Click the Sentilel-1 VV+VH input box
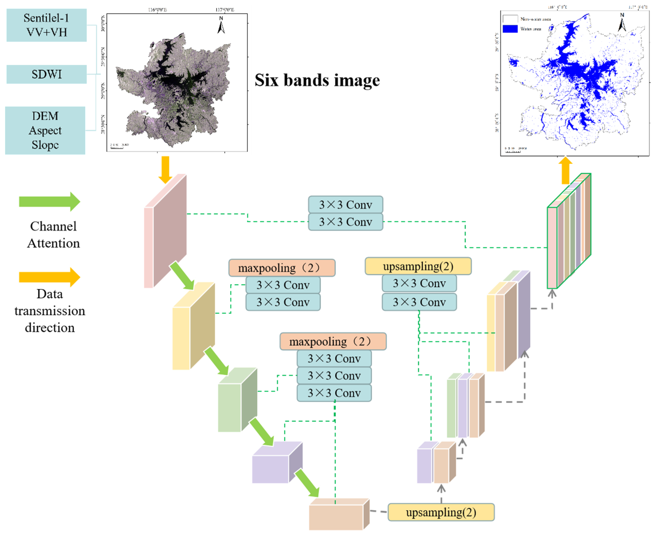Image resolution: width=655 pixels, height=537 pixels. pos(46,25)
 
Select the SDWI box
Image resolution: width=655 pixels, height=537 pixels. pos(46,74)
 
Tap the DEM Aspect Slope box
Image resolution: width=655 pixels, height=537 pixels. pos(45,130)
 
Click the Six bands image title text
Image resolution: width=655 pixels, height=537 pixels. pos(317,80)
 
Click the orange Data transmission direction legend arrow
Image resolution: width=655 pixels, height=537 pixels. pos(49,277)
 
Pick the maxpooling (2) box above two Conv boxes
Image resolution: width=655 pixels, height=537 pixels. pos(282,268)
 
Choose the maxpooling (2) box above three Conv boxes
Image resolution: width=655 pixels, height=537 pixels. pos(333,342)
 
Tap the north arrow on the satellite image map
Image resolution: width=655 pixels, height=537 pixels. pos(221,25)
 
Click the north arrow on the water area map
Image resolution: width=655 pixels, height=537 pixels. pos(622,22)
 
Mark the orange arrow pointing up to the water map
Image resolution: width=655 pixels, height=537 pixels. pos(565,170)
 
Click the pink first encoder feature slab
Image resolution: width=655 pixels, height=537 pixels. pos(165,232)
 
